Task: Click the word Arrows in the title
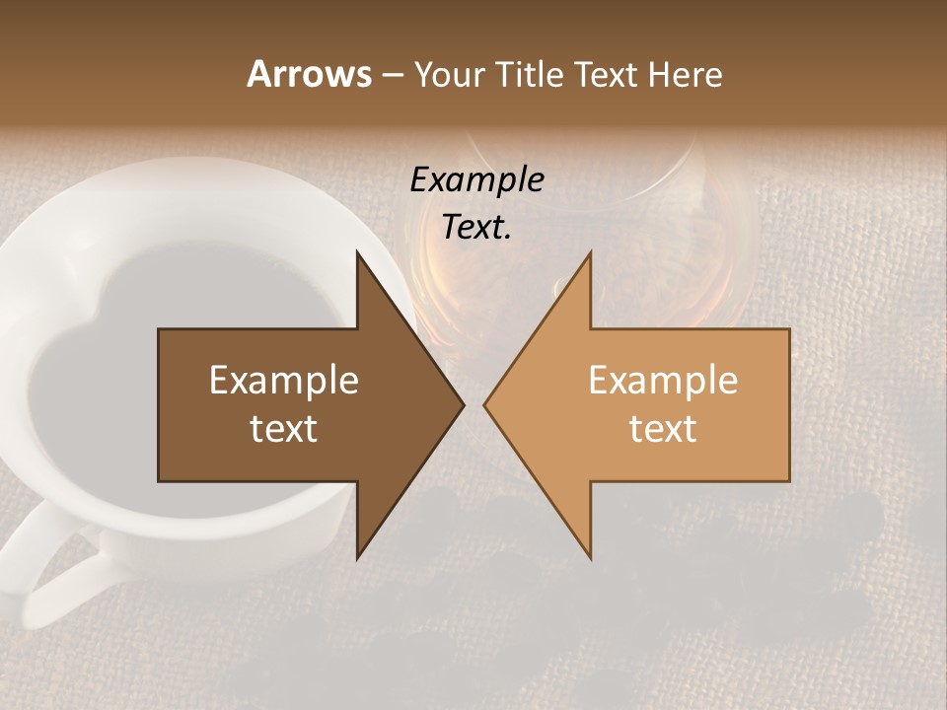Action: click(309, 74)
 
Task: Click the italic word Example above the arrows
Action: click(476, 180)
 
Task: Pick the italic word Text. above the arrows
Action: click(476, 228)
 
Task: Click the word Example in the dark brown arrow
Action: click(283, 380)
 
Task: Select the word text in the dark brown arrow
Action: click(283, 429)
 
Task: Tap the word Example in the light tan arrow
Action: click(663, 380)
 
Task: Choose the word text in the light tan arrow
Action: click(663, 429)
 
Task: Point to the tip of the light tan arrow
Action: click(485, 404)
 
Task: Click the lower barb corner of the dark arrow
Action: click(358, 557)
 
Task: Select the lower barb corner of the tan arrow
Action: click(590, 557)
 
